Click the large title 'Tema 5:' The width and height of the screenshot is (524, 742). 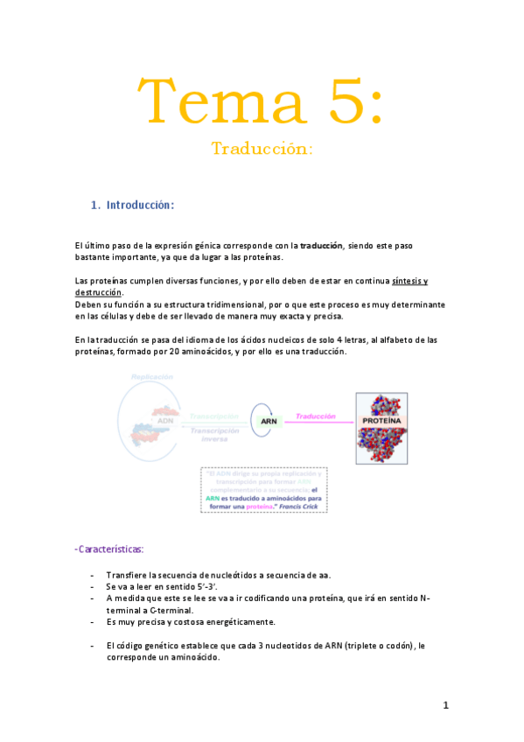pos(262,101)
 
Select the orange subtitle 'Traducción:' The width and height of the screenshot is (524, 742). pos(262,150)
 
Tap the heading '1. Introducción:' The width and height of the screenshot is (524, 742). pos(133,206)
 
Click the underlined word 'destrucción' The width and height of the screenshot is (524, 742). pos(98,292)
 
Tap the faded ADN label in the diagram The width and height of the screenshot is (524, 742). pos(141,419)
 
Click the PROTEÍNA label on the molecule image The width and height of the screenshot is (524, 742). pos(382,421)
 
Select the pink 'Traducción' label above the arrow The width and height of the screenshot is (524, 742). pos(316,416)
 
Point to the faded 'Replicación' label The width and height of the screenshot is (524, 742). pos(151,376)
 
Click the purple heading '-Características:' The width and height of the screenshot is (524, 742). pos(109,549)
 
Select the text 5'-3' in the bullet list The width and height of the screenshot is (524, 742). pos(206,586)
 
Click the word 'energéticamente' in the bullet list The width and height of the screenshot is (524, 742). pos(233,622)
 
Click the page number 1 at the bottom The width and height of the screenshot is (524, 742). pos(445,705)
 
